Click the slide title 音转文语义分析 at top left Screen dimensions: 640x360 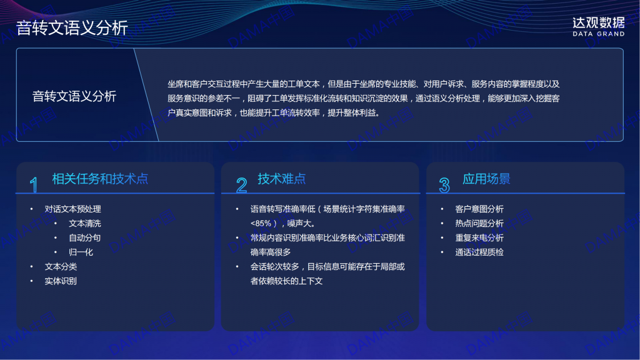pos(72,28)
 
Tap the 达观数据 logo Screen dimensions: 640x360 pos(598,22)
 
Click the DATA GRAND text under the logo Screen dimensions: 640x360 pos(598,34)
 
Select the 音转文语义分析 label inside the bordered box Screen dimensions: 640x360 pos(74,96)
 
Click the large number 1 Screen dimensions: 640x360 pos(34,185)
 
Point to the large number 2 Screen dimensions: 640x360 pos(242,185)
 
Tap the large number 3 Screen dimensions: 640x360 pos(444,185)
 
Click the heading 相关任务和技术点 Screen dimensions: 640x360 pos(100,179)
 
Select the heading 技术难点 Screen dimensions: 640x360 pos(282,179)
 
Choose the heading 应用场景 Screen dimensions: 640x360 pos(486,179)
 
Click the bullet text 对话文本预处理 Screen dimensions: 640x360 pos(72,209)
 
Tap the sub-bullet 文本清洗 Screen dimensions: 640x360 pos(85,223)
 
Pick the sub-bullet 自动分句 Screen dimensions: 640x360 pos(85,237)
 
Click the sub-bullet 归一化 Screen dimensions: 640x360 pos(81,252)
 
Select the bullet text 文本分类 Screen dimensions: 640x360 pos(61,266)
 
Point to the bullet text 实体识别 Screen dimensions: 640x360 pos(61,281)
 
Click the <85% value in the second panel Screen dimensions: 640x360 pos(261,224)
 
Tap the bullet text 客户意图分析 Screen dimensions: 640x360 pos(479,209)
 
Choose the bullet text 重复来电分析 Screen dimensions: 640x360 pos(479,237)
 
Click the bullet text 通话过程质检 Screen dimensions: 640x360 pos(479,252)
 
